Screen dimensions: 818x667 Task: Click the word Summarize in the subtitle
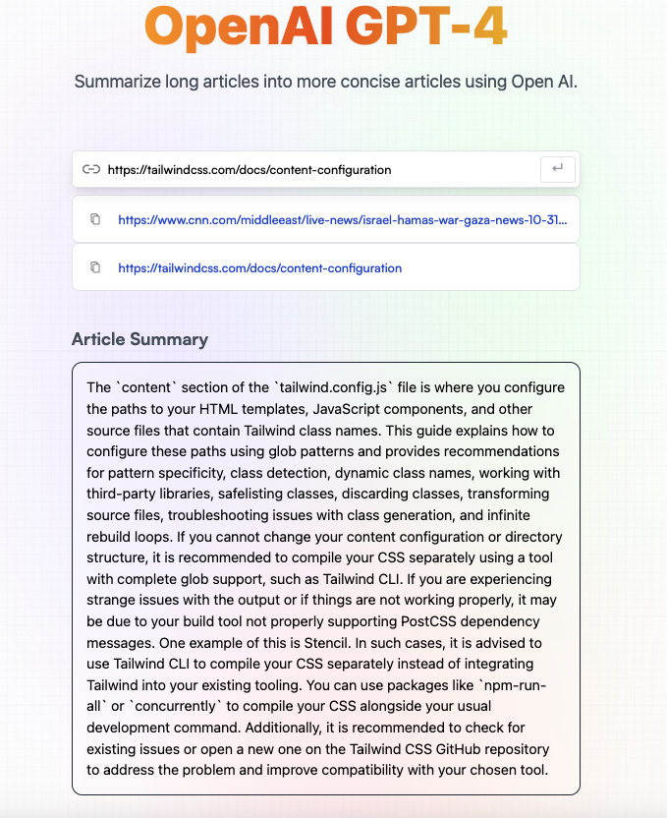[119, 81]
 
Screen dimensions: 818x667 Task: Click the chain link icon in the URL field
[91, 169]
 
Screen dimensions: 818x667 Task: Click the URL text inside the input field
[250, 170]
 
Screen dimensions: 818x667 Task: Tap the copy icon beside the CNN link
[95, 219]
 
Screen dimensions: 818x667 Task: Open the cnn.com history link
[342, 220]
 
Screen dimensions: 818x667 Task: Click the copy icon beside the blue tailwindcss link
[95, 267]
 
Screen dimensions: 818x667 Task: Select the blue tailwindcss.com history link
[259, 267]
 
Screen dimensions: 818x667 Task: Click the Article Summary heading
[139, 339]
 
